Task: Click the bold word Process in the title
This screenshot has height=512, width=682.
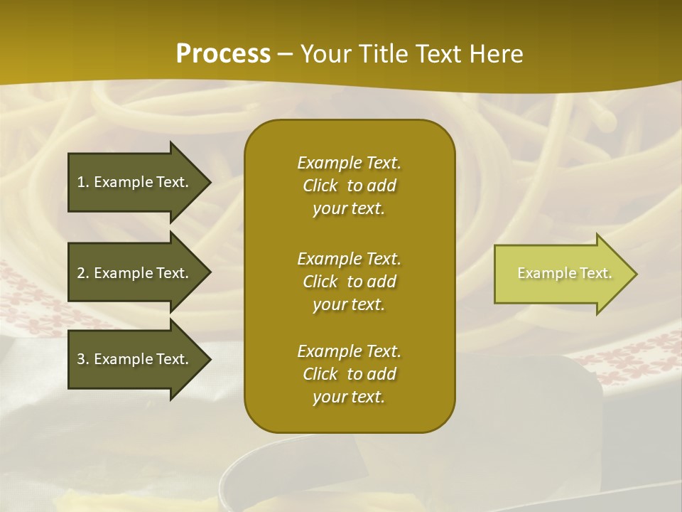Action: point(223,54)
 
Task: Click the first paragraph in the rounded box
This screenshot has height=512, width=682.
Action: point(349,186)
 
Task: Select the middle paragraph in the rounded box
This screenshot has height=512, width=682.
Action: point(349,282)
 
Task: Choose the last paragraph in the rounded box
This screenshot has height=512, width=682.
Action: point(349,374)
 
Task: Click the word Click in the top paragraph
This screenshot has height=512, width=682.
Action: point(320,186)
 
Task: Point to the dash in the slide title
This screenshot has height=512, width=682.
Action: point(285,54)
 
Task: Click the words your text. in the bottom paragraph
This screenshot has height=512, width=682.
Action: point(349,397)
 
